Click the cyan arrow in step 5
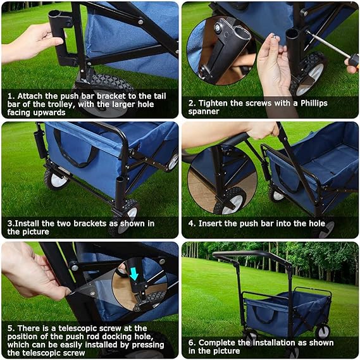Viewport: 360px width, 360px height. (134, 274)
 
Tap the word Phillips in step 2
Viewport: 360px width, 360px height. (314, 103)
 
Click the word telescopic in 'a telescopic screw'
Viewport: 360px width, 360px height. (88, 328)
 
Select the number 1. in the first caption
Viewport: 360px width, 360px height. (11, 96)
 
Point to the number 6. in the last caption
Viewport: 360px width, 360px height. (192, 342)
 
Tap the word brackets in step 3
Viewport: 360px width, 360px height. (90, 223)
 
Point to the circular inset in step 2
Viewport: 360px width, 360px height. (221, 51)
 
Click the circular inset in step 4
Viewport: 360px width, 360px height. (222, 180)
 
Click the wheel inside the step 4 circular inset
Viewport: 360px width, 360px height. (230, 201)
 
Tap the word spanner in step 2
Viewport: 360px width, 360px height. (204, 112)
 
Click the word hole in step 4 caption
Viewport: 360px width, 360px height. (316, 223)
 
